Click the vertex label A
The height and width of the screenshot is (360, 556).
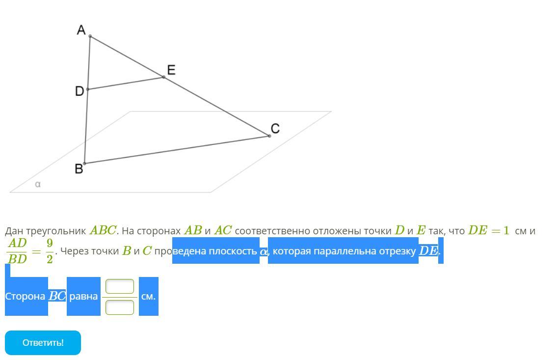tap(81, 30)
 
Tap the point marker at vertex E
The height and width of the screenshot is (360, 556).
tap(164, 77)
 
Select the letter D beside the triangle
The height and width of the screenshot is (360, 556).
tap(79, 91)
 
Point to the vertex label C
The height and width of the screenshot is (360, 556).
tap(275, 129)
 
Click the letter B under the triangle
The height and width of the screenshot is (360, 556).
tap(79, 169)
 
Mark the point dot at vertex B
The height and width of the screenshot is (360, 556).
tap(84, 164)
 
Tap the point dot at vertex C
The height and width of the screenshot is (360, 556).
tap(269, 136)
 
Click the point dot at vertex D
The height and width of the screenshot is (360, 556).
tap(88, 89)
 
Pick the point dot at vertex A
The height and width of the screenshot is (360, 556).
tap(90, 36)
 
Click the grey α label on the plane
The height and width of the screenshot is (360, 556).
tap(38, 184)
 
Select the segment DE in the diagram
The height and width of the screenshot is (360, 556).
tap(126, 83)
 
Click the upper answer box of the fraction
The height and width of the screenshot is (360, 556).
tap(120, 286)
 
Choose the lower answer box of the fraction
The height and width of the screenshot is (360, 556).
tap(120, 307)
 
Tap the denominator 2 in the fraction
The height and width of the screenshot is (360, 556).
tap(50, 259)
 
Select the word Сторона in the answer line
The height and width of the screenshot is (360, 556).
tap(25, 297)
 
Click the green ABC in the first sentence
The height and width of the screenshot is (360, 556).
tap(103, 230)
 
